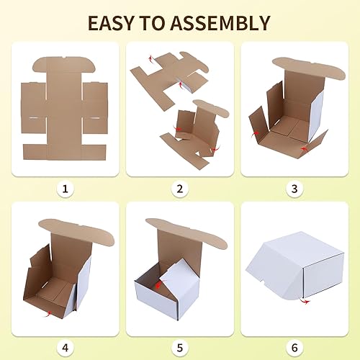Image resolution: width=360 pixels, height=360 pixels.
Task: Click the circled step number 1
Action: (x=66, y=189)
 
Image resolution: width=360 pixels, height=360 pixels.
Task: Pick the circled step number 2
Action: (x=180, y=189)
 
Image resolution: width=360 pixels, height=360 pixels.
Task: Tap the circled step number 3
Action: (x=294, y=189)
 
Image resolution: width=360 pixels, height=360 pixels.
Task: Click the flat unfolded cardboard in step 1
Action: (x=65, y=108)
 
